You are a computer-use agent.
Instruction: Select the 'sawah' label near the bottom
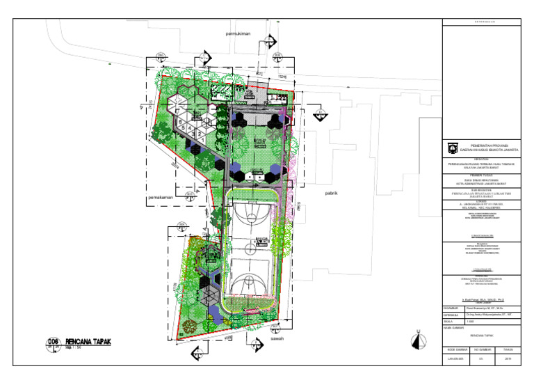click(x=277, y=341)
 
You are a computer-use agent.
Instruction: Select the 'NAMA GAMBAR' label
click(x=455, y=329)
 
